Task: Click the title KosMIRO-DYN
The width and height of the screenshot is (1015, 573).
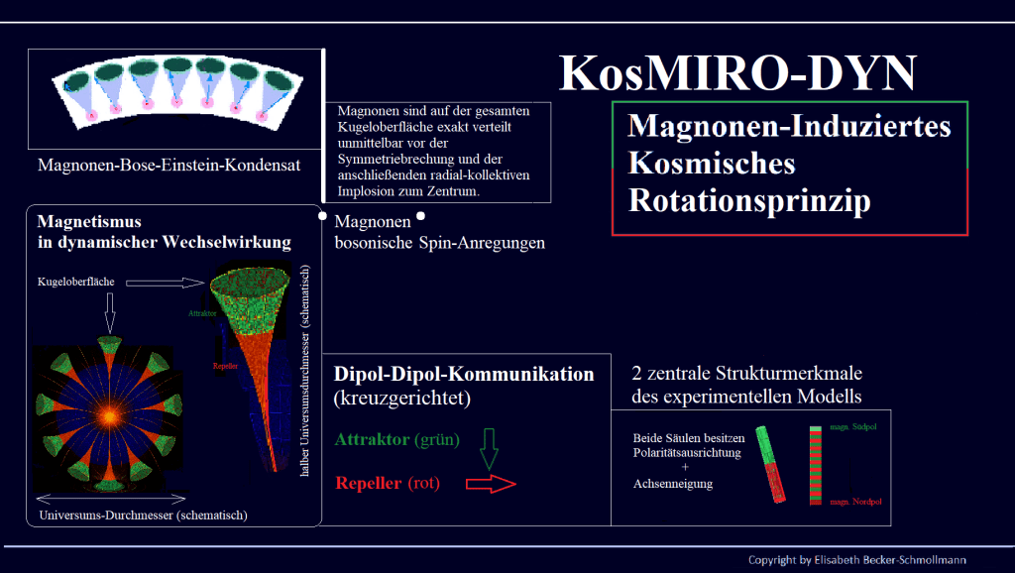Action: [x=739, y=73]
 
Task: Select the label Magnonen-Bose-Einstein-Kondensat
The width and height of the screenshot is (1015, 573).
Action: [x=169, y=165]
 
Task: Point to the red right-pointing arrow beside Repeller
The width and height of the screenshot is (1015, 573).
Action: [x=491, y=484]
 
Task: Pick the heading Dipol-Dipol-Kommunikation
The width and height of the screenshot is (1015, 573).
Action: [x=465, y=375]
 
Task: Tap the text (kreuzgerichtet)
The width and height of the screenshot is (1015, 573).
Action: [x=400, y=399]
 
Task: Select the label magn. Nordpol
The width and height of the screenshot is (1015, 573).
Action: [x=855, y=501]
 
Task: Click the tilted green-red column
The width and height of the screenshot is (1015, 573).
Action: [x=772, y=463]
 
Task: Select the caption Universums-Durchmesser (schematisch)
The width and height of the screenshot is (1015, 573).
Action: [x=143, y=515]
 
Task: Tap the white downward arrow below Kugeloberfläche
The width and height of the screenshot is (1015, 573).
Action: [x=109, y=316]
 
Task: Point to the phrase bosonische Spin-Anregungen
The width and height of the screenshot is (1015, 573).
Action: [x=439, y=242]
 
